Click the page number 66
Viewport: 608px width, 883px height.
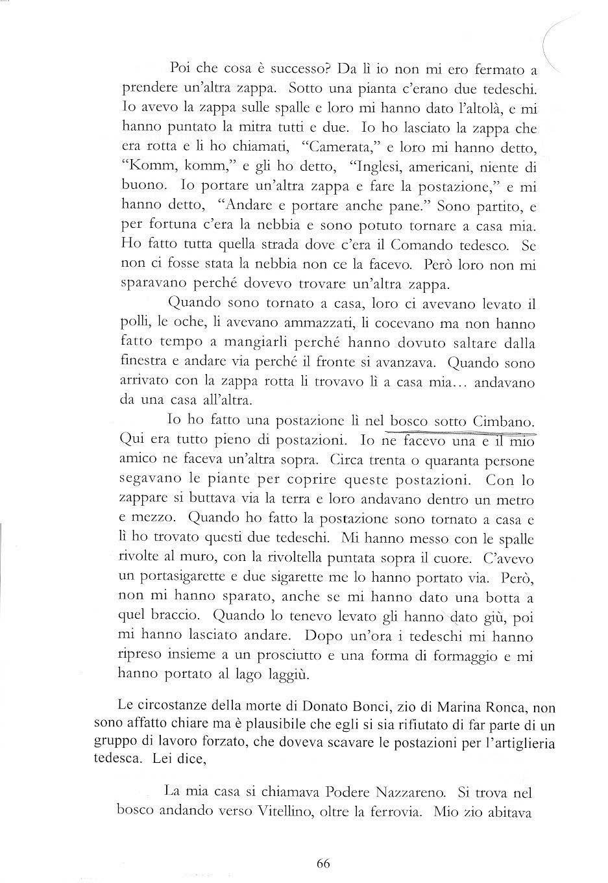pos(324,863)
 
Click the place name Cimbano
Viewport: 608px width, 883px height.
pos(504,422)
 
